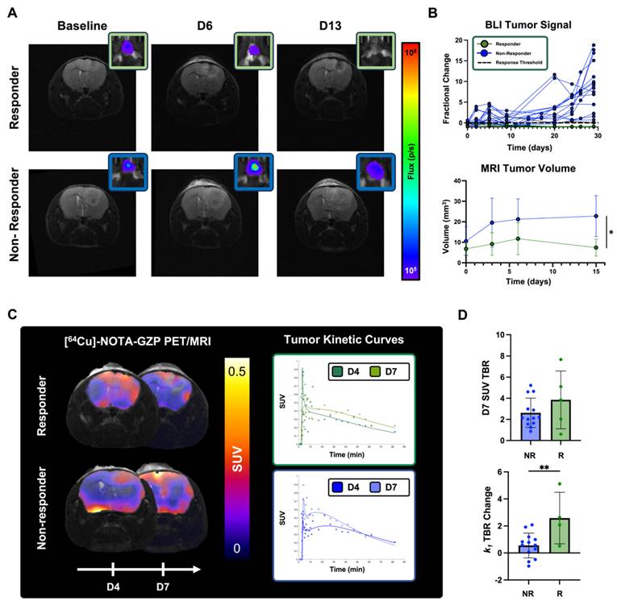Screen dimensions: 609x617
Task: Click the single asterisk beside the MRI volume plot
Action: (611, 234)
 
